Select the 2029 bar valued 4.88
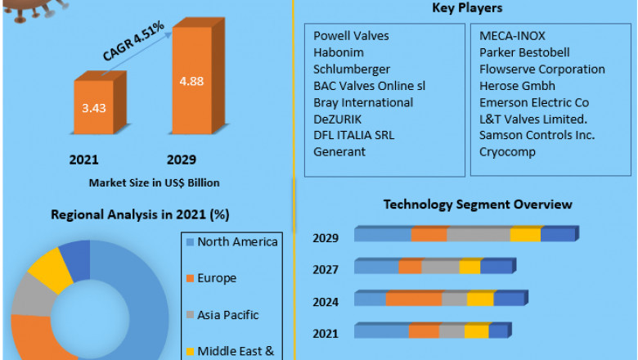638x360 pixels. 193,82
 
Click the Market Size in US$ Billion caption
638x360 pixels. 154,182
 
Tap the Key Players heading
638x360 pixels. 466,9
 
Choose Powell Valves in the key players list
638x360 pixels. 352,36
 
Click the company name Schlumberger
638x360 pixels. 352,70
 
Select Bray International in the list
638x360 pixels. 363,102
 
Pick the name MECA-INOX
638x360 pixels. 512,36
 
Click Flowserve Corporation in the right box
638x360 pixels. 542,70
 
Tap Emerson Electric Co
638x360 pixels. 534,102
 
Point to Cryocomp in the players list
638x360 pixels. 508,151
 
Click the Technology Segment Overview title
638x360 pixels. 478,205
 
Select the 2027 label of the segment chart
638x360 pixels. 326,269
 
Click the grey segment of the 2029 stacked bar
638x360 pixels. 478,236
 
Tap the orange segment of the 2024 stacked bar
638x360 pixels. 414,299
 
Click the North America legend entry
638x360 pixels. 237,241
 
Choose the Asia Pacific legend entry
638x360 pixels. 228,313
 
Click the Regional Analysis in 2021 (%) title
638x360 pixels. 140,215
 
